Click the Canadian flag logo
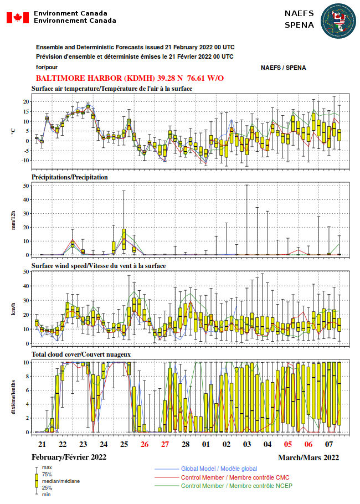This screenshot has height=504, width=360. pyautogui.click(x=18, y=17)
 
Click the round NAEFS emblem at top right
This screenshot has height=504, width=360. pyautogui.click(x=338, y=21)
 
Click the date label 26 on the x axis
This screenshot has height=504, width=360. pyautogui.click(x=145, y=444)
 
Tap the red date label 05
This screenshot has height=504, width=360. pyautogui.click(x=288, y=444)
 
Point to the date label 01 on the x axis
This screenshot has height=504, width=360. pyautogui.click(x=206, y=444)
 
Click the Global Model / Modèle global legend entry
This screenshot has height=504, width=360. pyautogui.click(x=219, y=469)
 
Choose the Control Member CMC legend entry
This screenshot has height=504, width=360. pyautogui.click(x=235, y=477)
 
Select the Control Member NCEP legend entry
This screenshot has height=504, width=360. pyautogui.click(x=236, y=486)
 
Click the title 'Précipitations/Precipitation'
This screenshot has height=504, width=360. pyautogui.click(x=70, y=177)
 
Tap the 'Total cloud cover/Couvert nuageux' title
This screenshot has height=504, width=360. pyautogui.click(x=81, y=354)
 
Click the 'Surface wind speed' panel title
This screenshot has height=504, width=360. pyautogui.click(x=99, y=266)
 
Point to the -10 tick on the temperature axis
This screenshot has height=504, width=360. pyautogui.click(x=25, y=161)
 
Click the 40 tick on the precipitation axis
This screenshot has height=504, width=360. pyautogui.click(x=26, y=199)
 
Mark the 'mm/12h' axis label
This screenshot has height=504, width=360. pyautogui.click(x=13, y=220)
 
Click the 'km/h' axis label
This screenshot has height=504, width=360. pyautogui.click(x=13, y=308)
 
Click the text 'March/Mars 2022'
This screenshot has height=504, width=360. pyautogui.click(x=308, y=457)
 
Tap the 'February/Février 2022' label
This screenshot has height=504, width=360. pyautogui.click(x=69, y=457)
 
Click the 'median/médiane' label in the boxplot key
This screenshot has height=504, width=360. pyautogui.click(x=61, y=481)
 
